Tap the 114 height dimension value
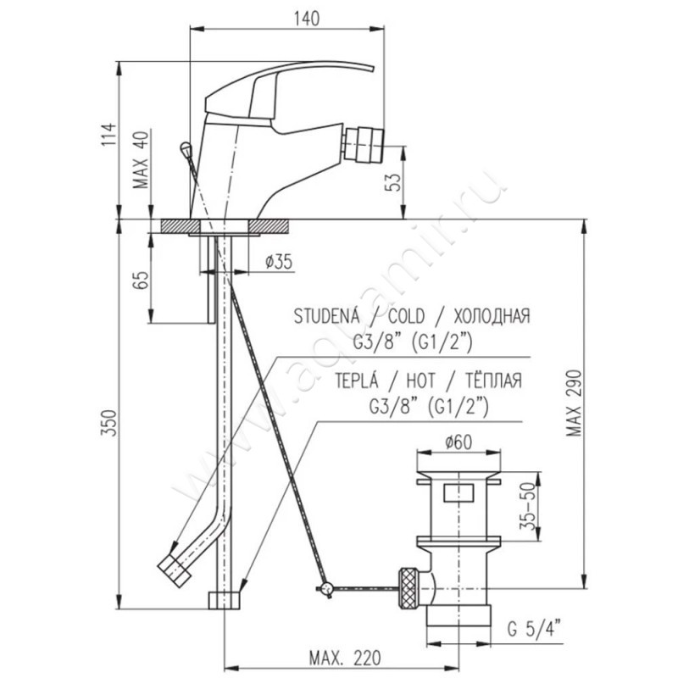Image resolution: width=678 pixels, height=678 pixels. (108, 134)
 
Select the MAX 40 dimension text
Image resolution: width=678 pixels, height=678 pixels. (141, 159)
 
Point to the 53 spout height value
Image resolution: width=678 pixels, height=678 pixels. (393, 182)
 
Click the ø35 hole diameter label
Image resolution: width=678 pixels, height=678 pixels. (279, 262)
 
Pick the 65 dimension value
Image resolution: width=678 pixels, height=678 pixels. (142, 280)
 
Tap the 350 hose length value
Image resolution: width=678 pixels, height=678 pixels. (109, 422)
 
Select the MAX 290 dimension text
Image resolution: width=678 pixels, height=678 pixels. (575, 403)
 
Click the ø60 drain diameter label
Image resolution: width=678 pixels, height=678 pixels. (458, 442)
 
